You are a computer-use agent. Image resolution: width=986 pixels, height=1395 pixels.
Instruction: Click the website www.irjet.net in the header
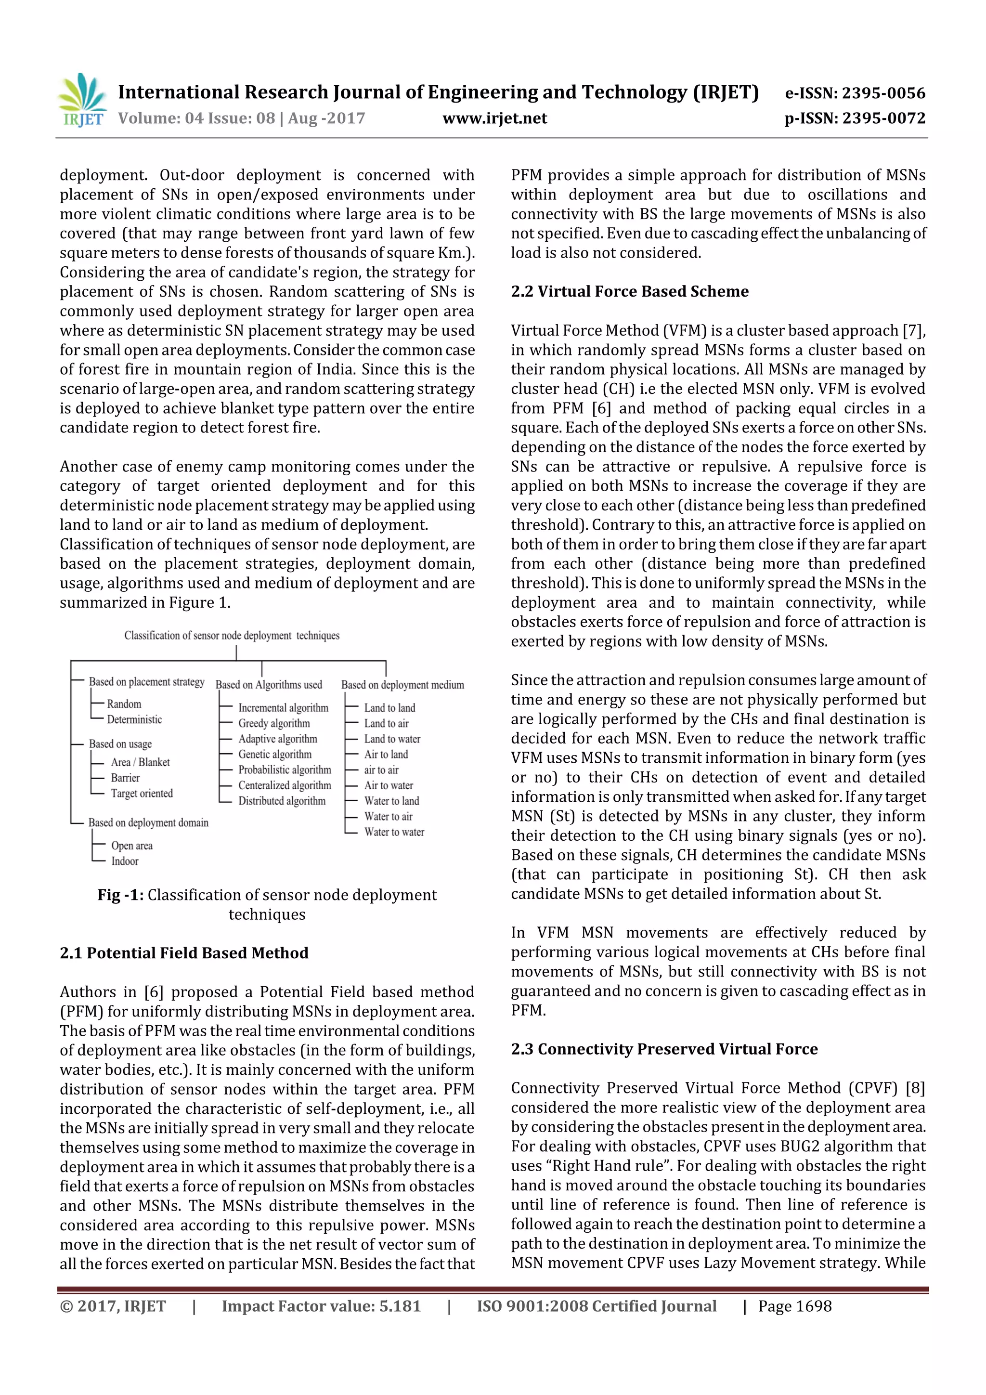[494, 118]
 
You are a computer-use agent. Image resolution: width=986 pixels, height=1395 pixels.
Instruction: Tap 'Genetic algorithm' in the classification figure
[274, 754]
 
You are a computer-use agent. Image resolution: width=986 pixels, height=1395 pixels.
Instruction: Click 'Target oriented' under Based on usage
[142, 794]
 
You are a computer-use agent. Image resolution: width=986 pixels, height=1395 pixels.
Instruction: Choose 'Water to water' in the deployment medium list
[394, 833]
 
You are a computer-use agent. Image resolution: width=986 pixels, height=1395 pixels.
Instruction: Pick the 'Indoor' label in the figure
[125, 861]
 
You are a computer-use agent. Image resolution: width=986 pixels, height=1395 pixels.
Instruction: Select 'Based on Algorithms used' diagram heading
[269, 685]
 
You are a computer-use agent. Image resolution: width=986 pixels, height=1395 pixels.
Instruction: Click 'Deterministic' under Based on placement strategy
[134, 720]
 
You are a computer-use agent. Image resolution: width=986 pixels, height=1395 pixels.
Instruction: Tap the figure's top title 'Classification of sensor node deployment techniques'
[232, 636]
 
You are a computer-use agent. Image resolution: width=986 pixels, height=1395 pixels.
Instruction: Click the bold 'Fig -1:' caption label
[120, 895]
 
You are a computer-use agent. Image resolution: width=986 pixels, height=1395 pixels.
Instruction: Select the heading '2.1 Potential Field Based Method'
[184, 952]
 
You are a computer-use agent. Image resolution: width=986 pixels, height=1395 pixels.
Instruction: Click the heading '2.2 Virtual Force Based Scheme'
[629, 292]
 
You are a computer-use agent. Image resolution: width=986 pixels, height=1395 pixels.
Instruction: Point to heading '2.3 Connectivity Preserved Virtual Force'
[664, 1049]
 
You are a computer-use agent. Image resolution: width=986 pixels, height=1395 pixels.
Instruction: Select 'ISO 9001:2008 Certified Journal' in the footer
[596, 1306]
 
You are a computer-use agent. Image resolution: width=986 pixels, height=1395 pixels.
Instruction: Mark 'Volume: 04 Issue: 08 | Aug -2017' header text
[242, 118]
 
